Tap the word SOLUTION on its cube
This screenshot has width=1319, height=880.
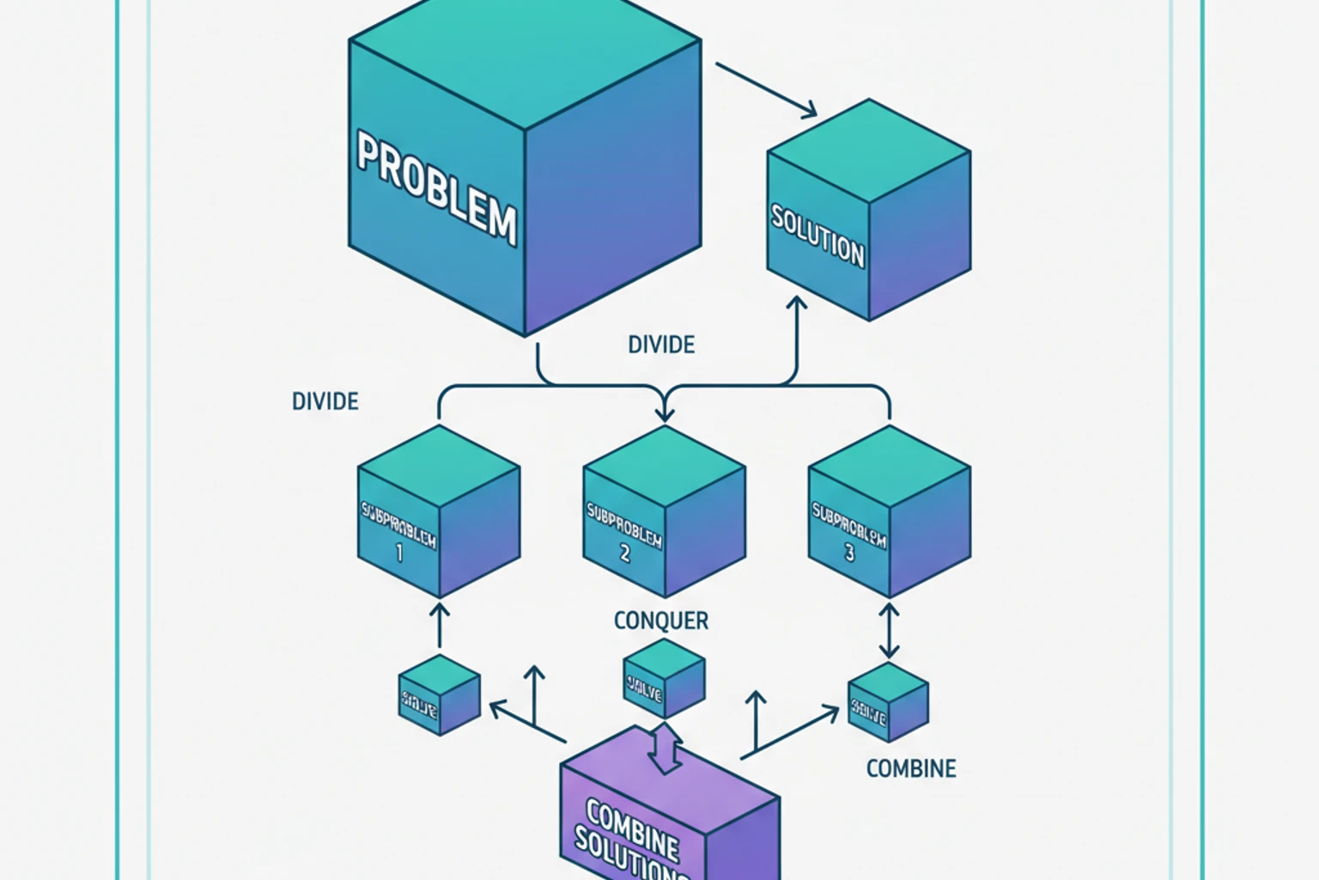(817, 235)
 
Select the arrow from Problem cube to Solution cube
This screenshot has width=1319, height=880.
(766, 89)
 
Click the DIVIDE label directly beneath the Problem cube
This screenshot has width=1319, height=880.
(661, 345)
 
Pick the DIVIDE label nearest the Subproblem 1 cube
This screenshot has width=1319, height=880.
(325, 401)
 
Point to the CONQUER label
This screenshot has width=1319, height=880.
(661, 620)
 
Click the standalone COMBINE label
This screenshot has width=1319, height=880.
(911, 768)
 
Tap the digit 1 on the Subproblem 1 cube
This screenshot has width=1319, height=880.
(398, 554)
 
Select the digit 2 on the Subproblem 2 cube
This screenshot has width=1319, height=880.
(624, 554)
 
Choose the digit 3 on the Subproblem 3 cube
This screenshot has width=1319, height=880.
(849, 553)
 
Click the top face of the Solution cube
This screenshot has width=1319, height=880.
(869, 150)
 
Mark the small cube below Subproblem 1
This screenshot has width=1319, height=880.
(439, 695)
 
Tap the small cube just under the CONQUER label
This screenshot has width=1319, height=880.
(664, 678)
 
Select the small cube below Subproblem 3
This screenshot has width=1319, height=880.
(888, 702)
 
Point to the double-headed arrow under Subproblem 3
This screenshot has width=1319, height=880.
(889, 630)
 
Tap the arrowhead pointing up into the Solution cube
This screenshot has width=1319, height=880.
(797, 304)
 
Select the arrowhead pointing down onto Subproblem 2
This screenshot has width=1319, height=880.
(665, 414)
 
